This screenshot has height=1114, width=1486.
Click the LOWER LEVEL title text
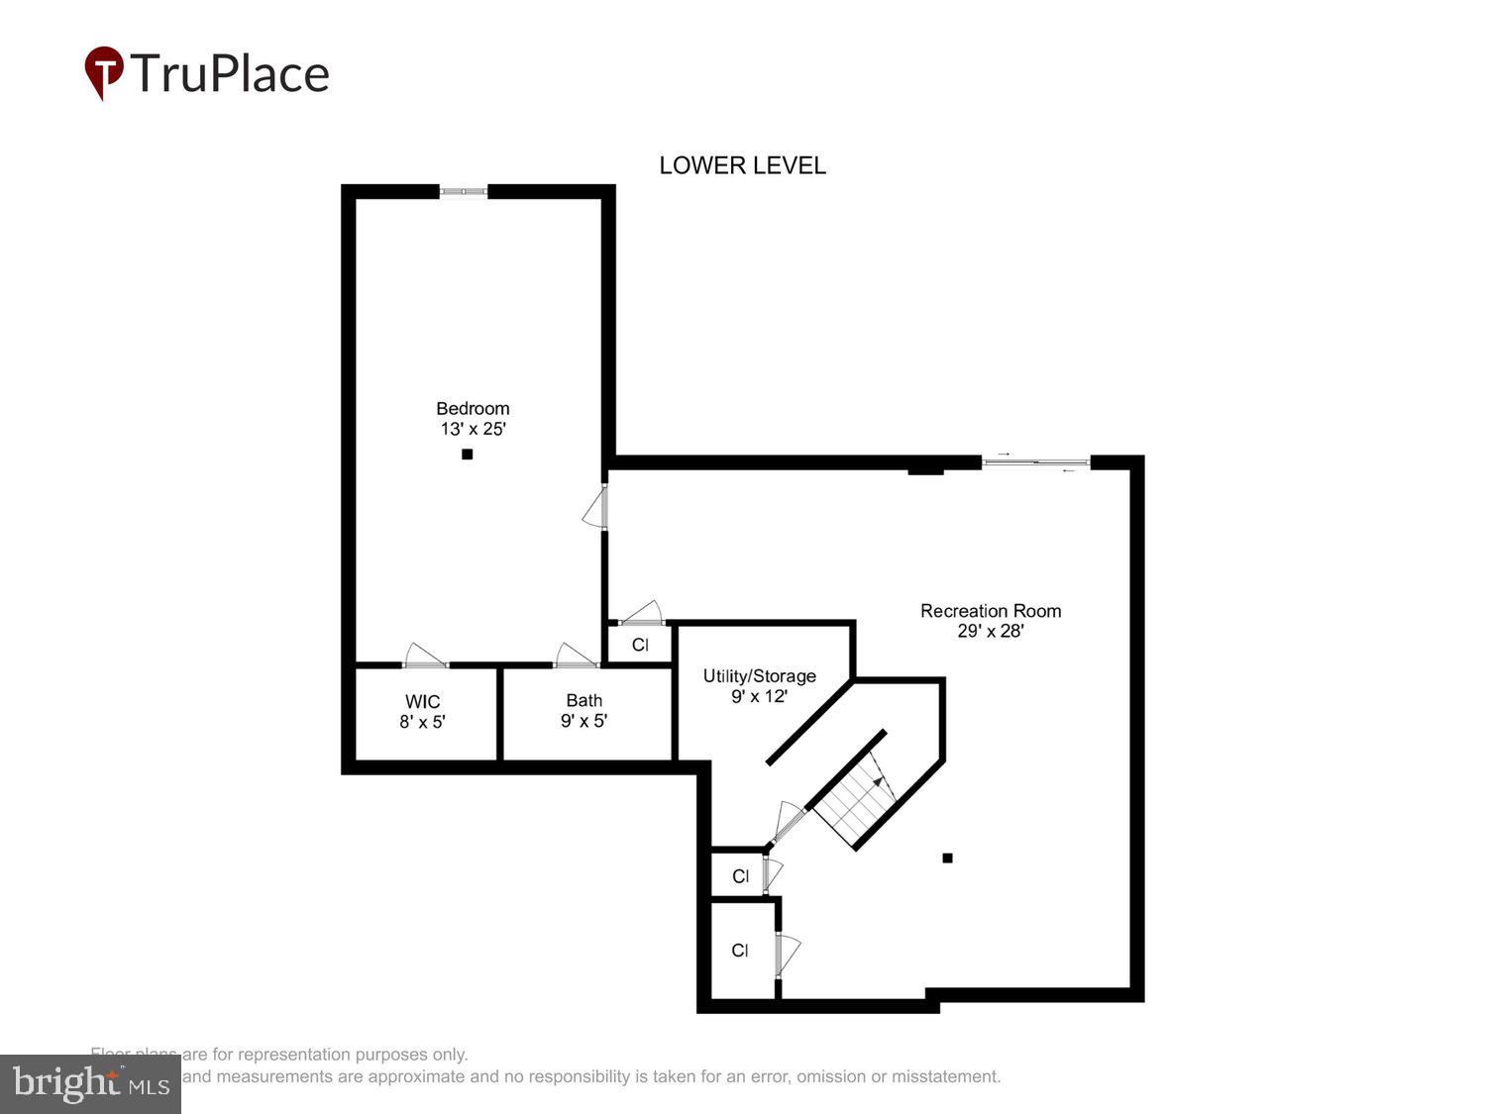(x=742, y=165)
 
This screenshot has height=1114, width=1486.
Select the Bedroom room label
(x=473, y=408)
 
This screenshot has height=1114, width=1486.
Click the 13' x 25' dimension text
(x=473, y=429)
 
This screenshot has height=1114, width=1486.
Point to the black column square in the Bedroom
(x=468, y=455)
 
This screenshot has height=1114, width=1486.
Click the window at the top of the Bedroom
(x=464, y=191)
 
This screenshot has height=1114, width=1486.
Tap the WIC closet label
(x=422, y=702)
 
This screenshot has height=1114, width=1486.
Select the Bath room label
(x=584, y=700)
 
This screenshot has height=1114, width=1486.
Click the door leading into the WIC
(x=426, y=657)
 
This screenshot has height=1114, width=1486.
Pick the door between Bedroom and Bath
(x=576, y=657)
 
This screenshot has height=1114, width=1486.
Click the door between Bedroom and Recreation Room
(x=596, y=508)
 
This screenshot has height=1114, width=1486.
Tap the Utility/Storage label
(x=759, y=676)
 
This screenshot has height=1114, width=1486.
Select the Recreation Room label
(x=990, y=611)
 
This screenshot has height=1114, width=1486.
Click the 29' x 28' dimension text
(x=990, y=631)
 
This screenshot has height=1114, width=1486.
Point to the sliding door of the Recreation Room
(x=1035, y=461)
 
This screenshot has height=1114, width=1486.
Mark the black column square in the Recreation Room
(x=947, y=859)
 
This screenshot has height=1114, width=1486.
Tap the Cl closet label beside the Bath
(x=640, y=645)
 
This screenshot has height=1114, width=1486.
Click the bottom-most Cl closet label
(x=740, y=951)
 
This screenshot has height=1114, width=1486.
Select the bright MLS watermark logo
(x=90, y=1083)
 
